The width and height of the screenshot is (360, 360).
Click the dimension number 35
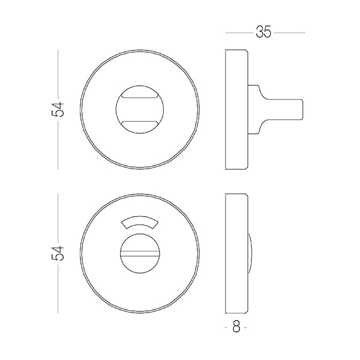(x=263, y=32)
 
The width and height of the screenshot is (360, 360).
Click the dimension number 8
(x=236, y=326)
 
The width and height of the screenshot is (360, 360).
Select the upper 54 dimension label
(x=58, y=109)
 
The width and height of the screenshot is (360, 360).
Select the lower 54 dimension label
(x=58, y=253)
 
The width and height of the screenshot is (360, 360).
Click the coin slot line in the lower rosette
(x=140, y=253)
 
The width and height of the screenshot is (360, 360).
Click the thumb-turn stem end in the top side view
(x=302, y=110)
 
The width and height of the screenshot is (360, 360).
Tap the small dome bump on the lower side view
(x=250, y=253)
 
